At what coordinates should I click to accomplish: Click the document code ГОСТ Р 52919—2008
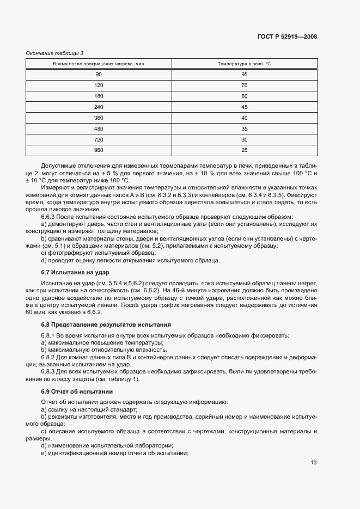(287, 37)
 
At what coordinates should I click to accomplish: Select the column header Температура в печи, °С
(244, 64)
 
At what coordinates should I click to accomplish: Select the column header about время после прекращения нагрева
(99, 64)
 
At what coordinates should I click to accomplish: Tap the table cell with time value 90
(99, 75)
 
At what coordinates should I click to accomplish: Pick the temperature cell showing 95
(244, 75)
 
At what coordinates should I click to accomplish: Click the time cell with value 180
(99, 96)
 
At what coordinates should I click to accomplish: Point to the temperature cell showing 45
(244, 107)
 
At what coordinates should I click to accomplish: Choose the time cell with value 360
(99, 118)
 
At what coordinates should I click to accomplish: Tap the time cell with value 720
(99, 139)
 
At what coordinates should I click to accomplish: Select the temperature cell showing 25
(244, 150)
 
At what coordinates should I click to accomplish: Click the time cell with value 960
(99, 150)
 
